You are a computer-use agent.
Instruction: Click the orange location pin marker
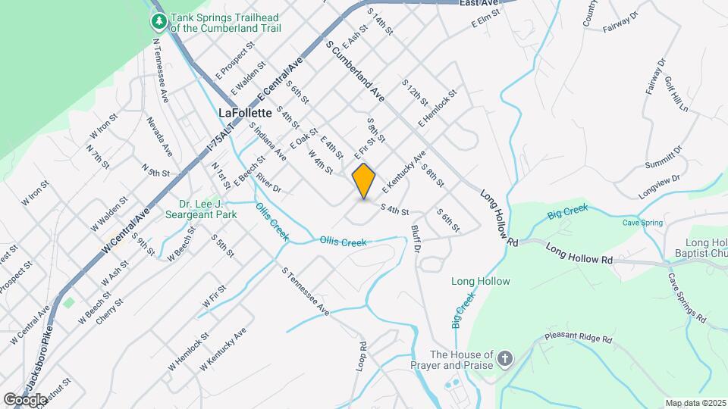click(364, 181)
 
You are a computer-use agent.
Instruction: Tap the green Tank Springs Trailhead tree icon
click(159, 20)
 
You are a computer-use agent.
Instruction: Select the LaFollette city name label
click(244, 112)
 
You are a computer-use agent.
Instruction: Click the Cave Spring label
click(642, 223)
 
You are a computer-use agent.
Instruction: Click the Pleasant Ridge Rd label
click(578, 339)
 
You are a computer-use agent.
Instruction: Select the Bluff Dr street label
click(416, 237)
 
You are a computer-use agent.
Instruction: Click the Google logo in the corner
click(26, 399)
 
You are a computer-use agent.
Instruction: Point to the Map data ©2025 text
click(695, 403)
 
